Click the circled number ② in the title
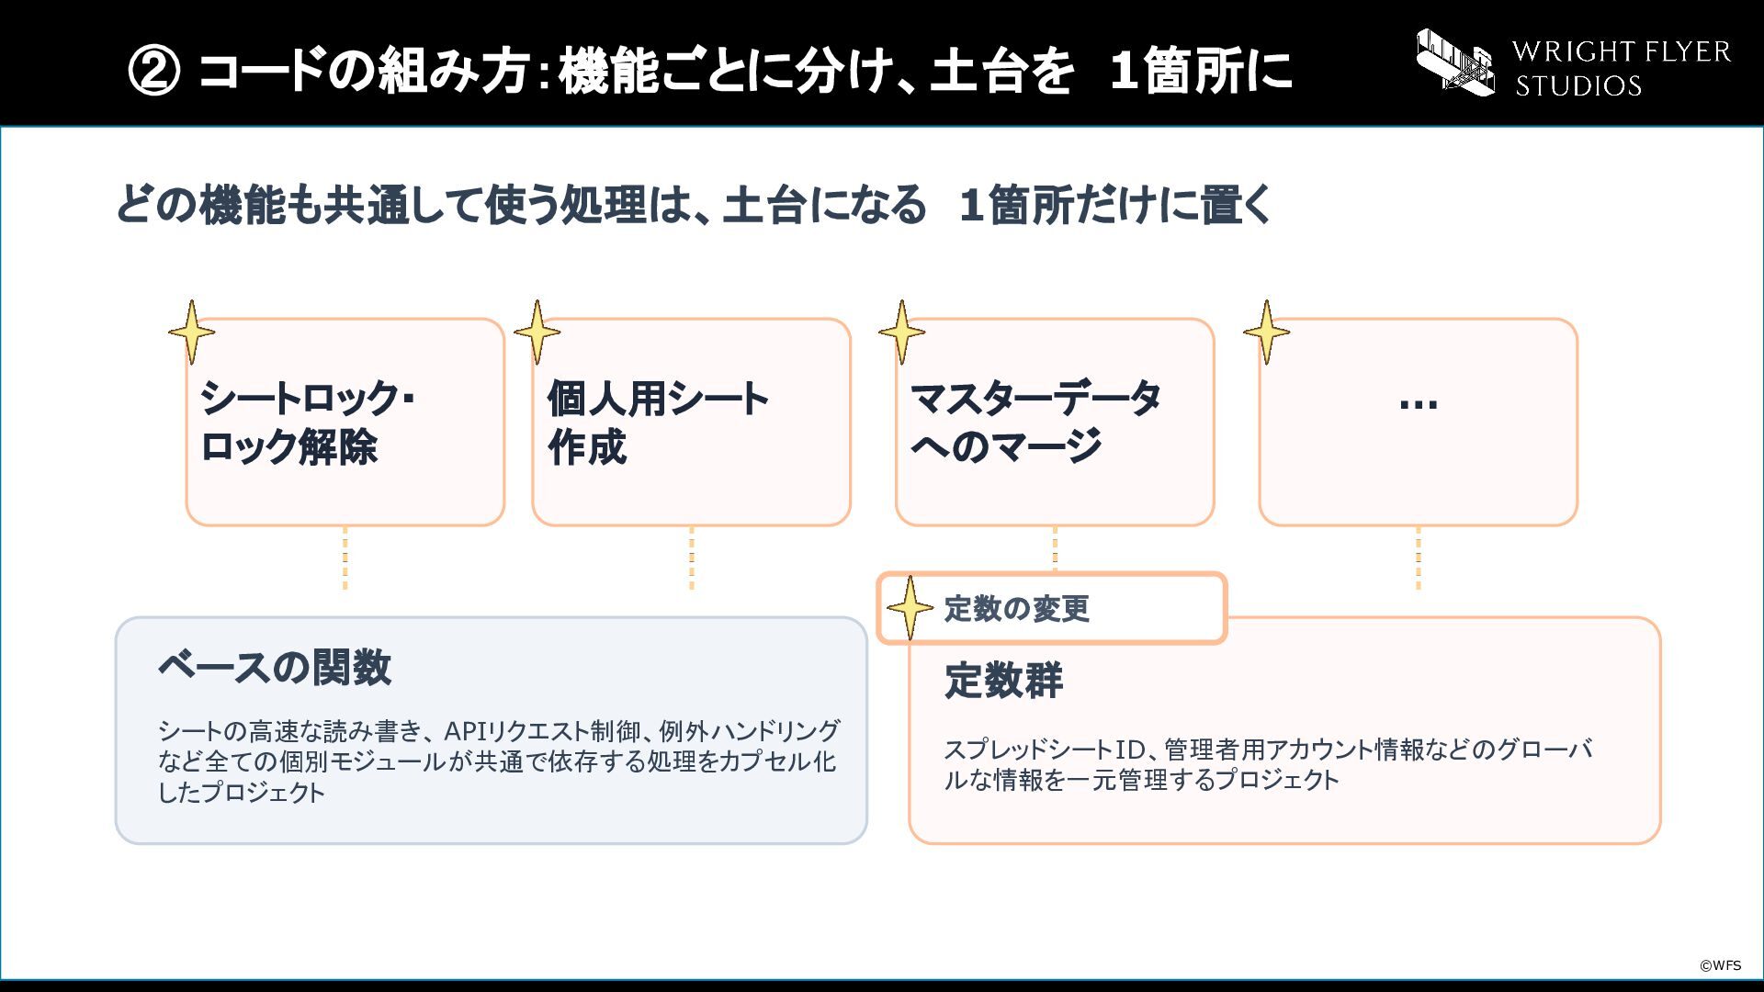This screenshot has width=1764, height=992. pyautogui.click(x=154, y=71)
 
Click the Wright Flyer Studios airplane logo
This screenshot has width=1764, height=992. pyautogui.click(x=1455, y=62)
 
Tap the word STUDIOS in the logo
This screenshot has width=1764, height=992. pyautogui.click(x=1578, y=85)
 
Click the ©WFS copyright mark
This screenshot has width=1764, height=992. pyautogui.click(x=1720, y=965)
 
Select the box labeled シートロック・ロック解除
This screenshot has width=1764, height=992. pyautogui.click(x=345, y=423)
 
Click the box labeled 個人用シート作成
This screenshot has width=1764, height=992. pyautogui.click(x=691, y=423)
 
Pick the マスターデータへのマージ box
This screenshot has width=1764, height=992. pyautogui.click(x=1055, y=423)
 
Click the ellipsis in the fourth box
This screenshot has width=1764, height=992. pyautogui.click(x=1419, y=402)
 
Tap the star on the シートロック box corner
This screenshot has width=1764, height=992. pyautogui.click(x=192, y=332)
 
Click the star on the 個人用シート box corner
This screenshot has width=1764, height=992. pyautogui.click(x=537, y=332)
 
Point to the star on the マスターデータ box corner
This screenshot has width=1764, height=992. pyautogui.click(x=901, y=332)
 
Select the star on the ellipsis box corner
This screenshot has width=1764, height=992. pyautogui.click(x=1266, y=332)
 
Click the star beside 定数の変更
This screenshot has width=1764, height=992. pyautogui.click(x=910, y=608)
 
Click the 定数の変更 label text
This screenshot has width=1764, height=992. pyautogui.click(x=1017, y=608)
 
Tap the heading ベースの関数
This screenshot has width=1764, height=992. pyautogui.click(x=275, y=667)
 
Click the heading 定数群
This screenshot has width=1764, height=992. pyautogui.click(x=1003, y=681)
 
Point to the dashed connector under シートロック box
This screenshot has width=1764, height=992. pyautogui.click(x=345, y=558)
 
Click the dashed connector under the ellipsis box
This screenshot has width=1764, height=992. pyautogui.click(x=1419, y=558)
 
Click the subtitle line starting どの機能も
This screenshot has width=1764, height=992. pyautogui.click(x=694, y=204)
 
